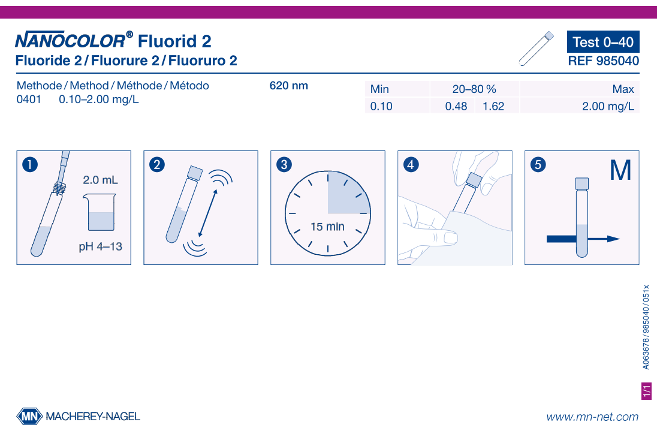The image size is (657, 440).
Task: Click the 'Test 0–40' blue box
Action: click(x=602, y=42)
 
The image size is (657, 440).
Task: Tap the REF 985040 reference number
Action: click(x=603, y=61)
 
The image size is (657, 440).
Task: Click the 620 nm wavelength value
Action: click(x=288, y=86)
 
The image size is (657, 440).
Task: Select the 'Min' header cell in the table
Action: click(x=379, y=89)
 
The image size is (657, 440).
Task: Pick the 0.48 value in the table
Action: click(x=456, y=107)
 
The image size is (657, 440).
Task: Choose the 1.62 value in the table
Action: click(x=493, y=107)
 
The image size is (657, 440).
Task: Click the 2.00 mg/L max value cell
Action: click(x=608, y=107)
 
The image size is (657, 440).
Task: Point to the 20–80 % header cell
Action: click(x=474, y=89)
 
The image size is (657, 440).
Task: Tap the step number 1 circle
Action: click(x=29, y=164)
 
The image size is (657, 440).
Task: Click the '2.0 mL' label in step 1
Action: click(x=100, y=180)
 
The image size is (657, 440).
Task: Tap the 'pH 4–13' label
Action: click(x=100, y=246)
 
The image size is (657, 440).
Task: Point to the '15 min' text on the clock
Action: click(x=327, y=227)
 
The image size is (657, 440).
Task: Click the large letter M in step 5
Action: click(x=620, y=171)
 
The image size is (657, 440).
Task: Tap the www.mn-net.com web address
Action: click(x=592, y=417)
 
